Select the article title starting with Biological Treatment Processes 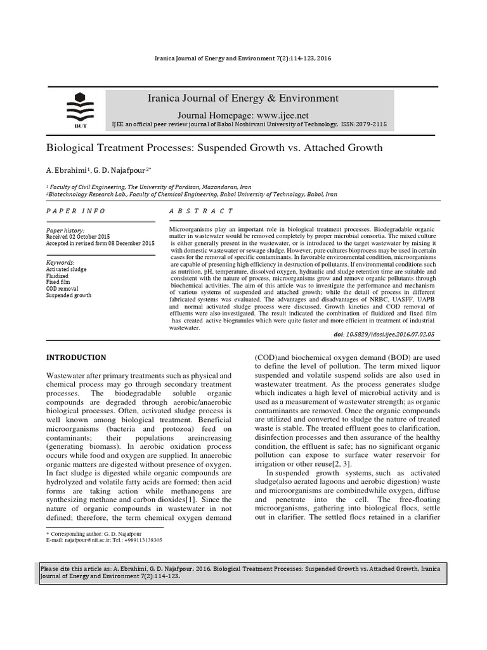point(214,148)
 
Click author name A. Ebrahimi point(68,171)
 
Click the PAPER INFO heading point(75,211)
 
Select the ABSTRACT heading point(201,211)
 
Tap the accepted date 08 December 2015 point(127,243)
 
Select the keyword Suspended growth point(69,295)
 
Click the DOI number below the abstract point(384,334)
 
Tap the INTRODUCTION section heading point(76,358)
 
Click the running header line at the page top point(243,58)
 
